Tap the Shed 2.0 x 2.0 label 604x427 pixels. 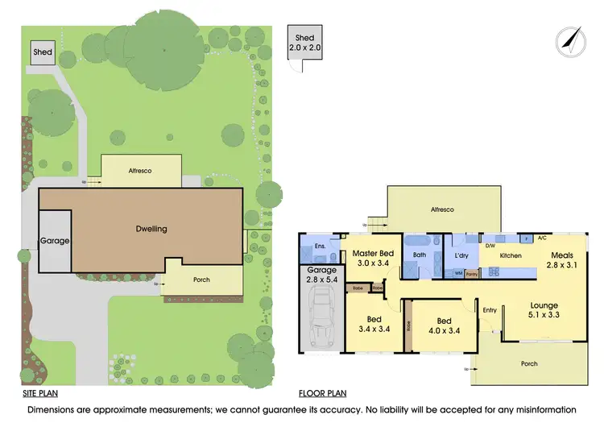coord(304,43)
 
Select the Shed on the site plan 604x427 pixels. coord(43,53)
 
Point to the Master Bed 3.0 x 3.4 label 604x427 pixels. coord(374,258)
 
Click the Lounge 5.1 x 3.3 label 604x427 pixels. coord(544,310)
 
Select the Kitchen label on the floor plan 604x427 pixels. coord(511,255)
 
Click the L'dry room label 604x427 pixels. coord(461,255)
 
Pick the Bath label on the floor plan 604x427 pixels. coord(420,255)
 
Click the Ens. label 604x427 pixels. coord(320,246)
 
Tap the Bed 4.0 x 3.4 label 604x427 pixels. coord(444,325)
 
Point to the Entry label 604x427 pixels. coord(490,310)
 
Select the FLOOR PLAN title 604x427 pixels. coord(322,394)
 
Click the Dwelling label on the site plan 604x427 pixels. coord(151,229)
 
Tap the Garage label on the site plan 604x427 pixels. coord(55,241)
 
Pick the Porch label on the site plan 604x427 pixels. coord(201,280)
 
